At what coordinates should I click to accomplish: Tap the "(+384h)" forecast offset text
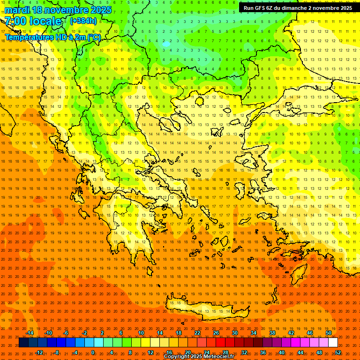click(x=83, y=21)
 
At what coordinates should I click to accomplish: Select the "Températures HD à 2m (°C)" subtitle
click(x=52, y=37)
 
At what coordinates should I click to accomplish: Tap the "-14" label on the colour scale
click(x=30, y=333)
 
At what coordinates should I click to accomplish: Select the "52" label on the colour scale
click(x=338, y=352)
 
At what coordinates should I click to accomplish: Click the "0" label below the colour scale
click(x=93, y=352)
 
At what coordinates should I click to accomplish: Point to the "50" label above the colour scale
click(x=329, y=333)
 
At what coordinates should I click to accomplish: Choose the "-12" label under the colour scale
click(x=39, y=352)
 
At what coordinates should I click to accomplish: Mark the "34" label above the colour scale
click(x=254, y=333)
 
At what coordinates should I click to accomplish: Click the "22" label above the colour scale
click(x=197, y=333)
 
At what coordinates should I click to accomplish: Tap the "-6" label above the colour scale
click(x=66, y=333)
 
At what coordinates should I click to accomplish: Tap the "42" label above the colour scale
click(x=291, y=333)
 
